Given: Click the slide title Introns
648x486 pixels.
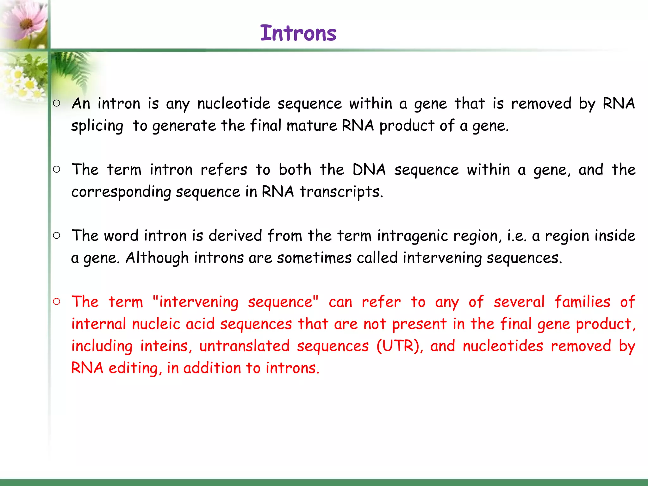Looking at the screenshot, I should (298, 33).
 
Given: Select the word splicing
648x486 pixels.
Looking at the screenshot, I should (97, 126).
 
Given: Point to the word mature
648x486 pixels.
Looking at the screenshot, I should (312, 126).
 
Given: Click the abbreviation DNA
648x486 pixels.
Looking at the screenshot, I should (369, 170).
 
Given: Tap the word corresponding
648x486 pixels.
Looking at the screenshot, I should (121, 192).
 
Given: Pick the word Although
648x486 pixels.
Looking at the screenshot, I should (157, 258).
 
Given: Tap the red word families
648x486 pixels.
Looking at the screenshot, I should (582, 302).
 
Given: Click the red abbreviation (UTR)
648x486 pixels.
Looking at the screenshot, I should (400, 346).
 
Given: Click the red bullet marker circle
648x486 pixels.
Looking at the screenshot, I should (57, 302).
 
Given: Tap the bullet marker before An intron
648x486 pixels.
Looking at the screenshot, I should (57, 103).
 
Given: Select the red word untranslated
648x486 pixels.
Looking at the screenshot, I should (244, 346).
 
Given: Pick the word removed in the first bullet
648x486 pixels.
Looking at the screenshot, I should (541, 103).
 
